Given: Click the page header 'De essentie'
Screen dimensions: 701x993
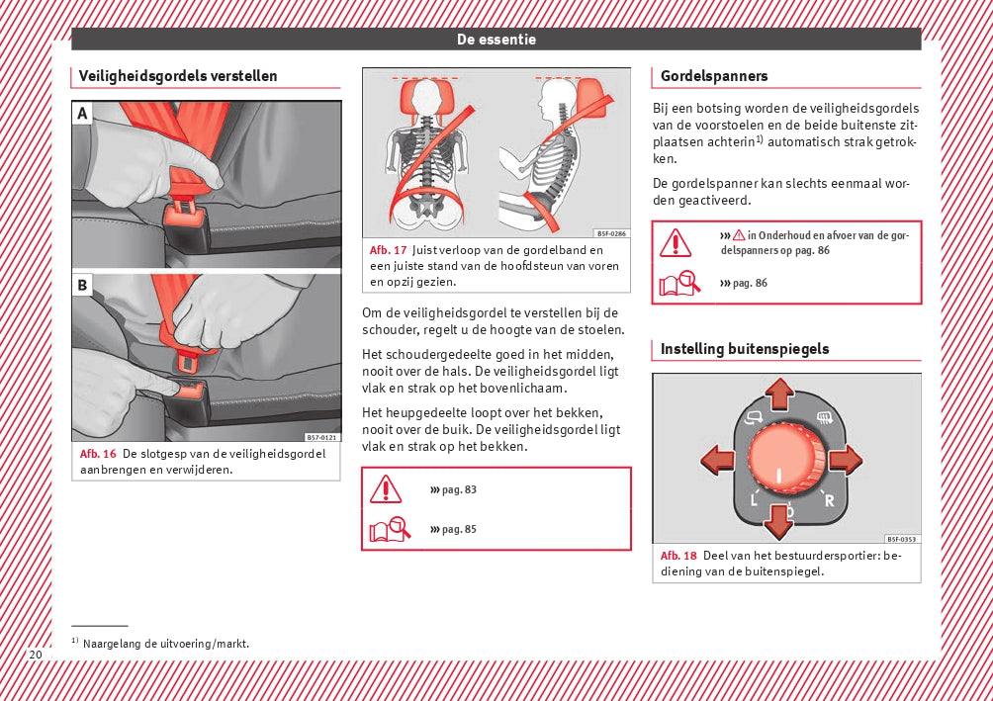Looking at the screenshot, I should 496,40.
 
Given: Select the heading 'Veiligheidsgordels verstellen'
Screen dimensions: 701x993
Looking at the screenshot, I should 178,76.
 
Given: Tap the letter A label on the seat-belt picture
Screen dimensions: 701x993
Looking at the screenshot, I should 83,115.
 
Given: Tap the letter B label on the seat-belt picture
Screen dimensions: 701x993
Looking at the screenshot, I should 83,286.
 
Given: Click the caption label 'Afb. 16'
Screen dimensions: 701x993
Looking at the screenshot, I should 98,454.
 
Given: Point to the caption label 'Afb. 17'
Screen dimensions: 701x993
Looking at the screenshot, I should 388,250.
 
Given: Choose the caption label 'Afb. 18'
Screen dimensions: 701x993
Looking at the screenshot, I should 678,556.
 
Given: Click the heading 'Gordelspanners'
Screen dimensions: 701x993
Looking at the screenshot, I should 714,76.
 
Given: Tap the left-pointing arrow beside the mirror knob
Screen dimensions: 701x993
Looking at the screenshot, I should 717,460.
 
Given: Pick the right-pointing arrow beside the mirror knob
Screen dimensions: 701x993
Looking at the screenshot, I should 845,460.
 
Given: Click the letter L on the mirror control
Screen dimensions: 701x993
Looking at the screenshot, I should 754,500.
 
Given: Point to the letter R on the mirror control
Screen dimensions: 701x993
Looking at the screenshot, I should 829,500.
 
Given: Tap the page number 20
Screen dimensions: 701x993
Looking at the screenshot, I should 36,655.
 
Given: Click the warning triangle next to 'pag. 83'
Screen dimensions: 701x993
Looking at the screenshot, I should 386,489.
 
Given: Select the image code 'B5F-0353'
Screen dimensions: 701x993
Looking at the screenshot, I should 901,539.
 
